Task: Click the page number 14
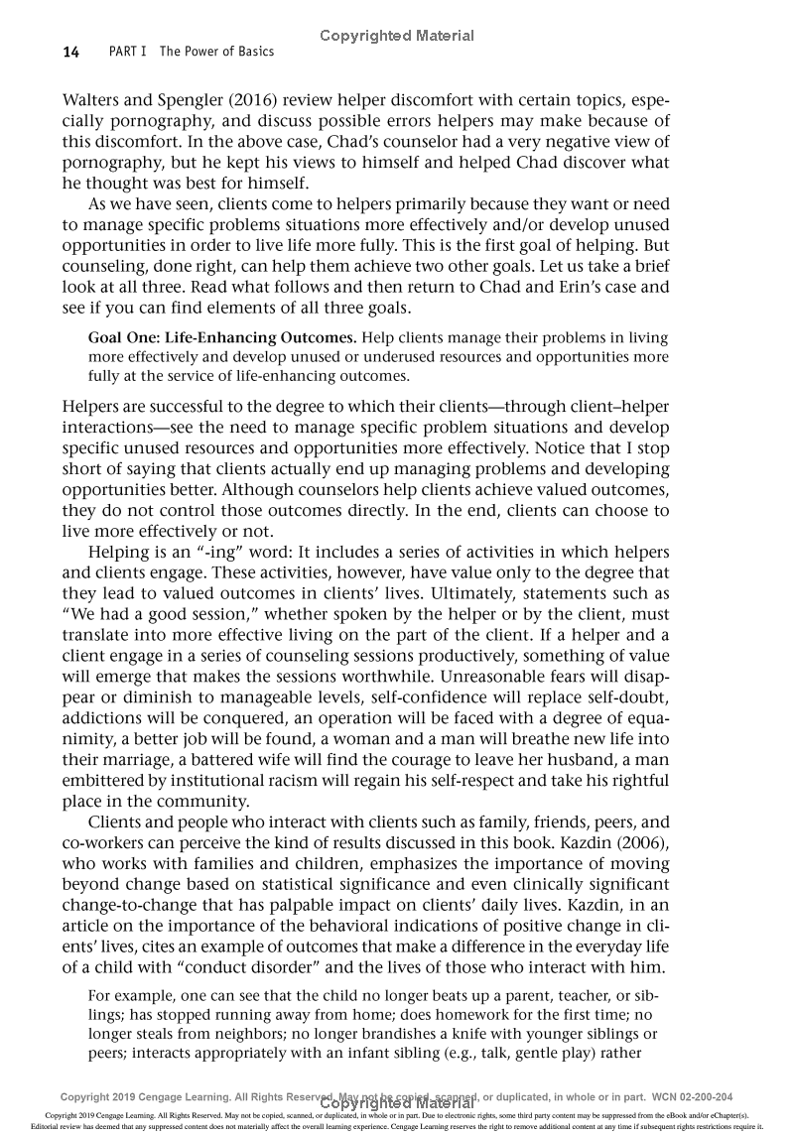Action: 69,51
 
